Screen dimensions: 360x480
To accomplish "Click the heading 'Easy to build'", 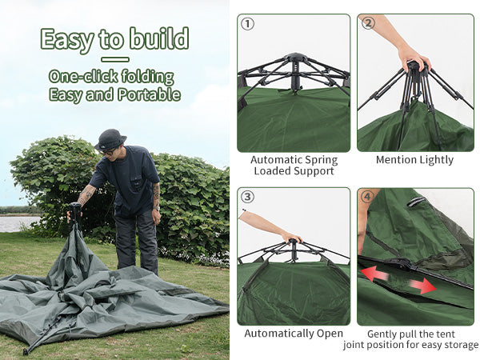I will (114, 38).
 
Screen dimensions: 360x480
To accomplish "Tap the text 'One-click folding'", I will (111, 77).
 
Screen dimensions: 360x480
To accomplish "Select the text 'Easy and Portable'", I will (114, 94).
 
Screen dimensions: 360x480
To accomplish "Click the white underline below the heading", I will (115, 59).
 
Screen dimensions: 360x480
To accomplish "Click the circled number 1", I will (248, 24).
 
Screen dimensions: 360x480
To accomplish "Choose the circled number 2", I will (368, 23).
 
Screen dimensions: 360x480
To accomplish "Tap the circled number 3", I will (248, 197).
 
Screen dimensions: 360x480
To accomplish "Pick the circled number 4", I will (368, 197).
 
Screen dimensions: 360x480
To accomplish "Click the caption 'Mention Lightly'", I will (414, 160).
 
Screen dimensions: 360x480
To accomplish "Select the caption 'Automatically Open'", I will (294, 333).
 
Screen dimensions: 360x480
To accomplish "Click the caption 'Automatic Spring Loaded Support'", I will (294, 165).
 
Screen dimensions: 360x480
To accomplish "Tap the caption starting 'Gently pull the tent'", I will (411, 339).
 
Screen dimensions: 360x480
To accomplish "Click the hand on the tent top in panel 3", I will (290, 237).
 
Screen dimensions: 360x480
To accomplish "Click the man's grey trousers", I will (136, 240).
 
